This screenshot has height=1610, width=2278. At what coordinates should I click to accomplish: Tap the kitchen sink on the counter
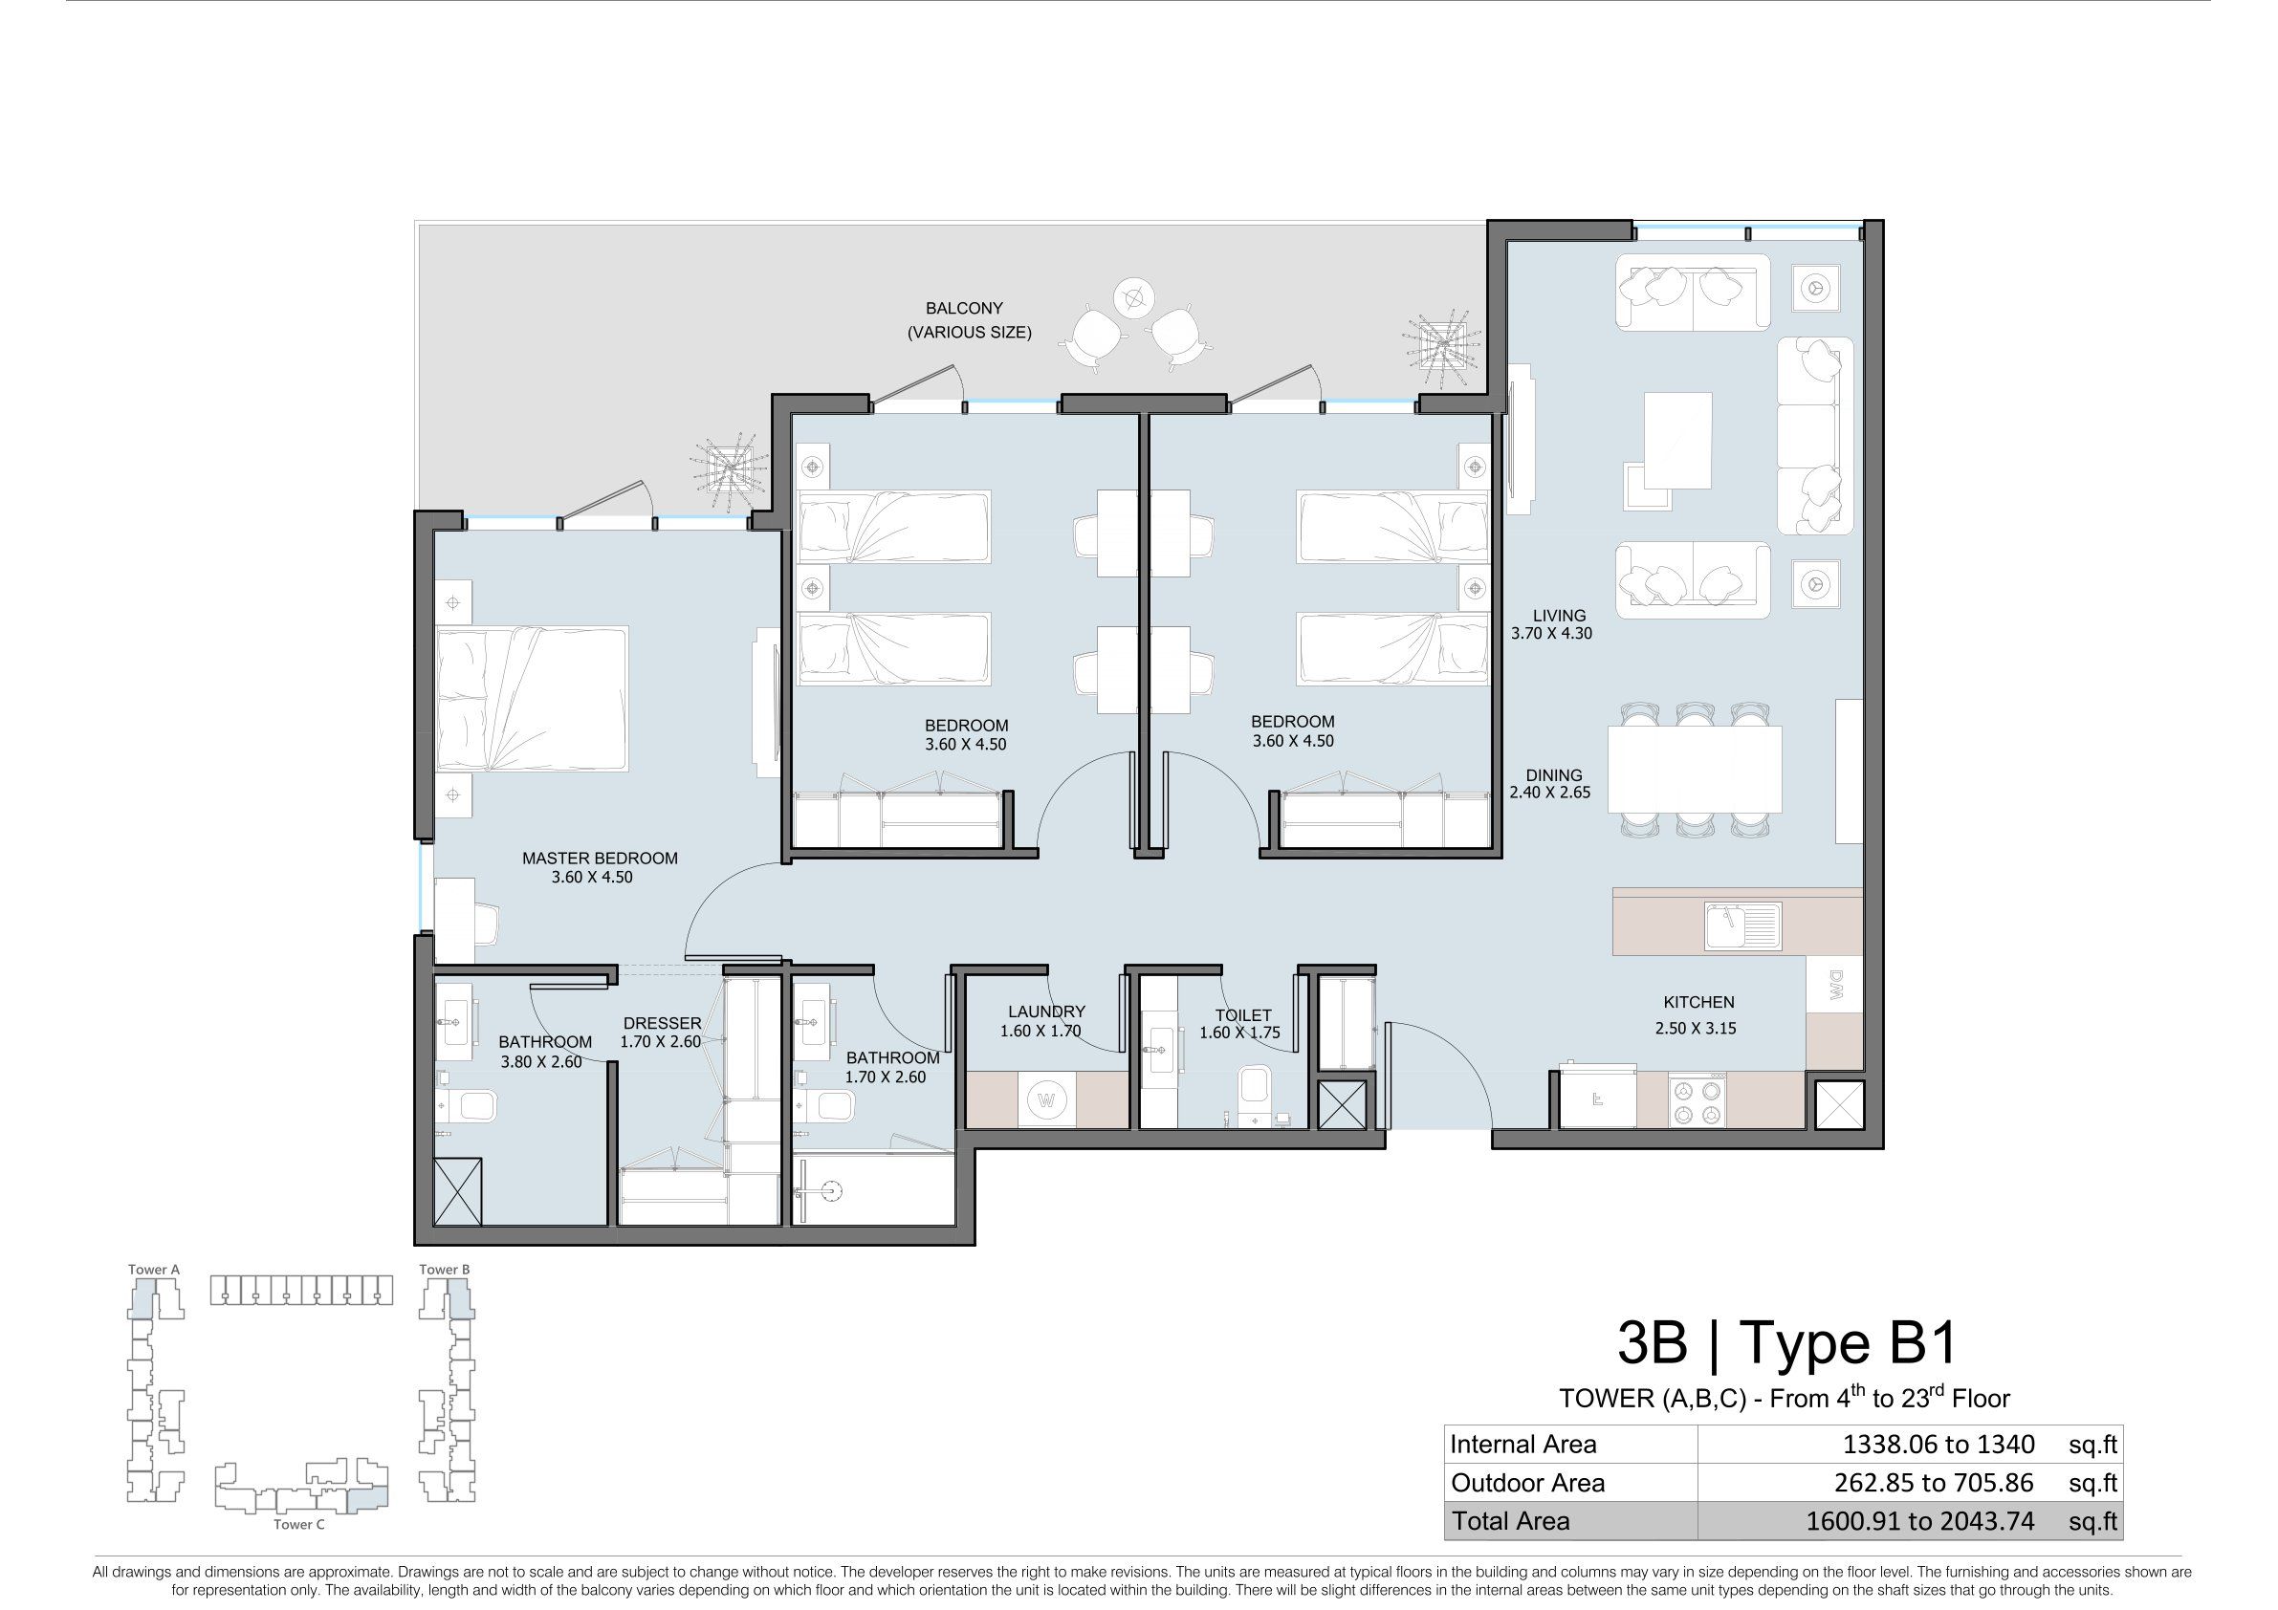point(1743,925)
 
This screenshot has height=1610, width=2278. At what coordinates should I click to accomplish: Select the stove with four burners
point(1697,1100)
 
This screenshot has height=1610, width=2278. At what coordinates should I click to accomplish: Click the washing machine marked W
point(1045,1099)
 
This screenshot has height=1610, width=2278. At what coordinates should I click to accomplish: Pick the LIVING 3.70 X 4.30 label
point(1551,624)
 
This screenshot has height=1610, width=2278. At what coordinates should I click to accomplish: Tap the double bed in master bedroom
point(533,698)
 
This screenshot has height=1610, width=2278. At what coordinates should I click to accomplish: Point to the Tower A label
point(154,1269)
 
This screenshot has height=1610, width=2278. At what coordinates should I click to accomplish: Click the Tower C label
point(298,1524)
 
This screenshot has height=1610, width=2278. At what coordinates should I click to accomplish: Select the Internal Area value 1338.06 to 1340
point(1938,1445)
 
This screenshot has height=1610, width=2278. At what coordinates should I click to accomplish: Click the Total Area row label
point(1511,1521)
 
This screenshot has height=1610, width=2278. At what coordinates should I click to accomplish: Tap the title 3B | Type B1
point(1786,1342)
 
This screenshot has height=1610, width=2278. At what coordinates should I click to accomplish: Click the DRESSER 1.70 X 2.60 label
point(661,1033)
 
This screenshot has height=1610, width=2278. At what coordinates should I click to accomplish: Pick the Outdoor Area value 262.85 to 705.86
point(1934,1482)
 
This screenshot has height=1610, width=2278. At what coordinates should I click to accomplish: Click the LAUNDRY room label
point(1047,1012)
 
